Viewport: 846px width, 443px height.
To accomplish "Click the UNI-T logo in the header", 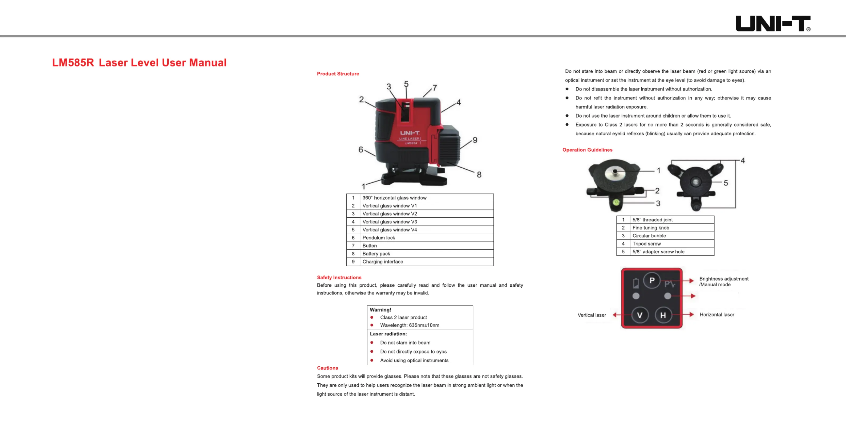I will tap(772, 24).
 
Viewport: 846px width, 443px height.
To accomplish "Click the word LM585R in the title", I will tap(73, 62).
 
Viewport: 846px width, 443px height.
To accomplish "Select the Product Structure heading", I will tap(338, 74).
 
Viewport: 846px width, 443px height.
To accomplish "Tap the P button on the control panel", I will tap(651, 281).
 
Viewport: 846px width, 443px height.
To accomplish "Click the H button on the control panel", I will tap(663, 315).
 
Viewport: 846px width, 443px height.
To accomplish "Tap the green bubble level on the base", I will tap(616, 202).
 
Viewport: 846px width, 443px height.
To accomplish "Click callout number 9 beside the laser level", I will tap(475, 140).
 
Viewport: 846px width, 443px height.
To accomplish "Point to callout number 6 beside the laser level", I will tap(361, 150).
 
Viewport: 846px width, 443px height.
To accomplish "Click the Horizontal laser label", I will tap(717, 315).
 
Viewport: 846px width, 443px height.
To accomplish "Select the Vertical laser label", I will tap(592, 315).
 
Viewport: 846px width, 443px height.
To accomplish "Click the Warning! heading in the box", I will tap(380, 310).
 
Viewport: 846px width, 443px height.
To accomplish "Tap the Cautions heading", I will tap(327, 368).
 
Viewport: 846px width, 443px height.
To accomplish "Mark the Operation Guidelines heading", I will tap(587, 150).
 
